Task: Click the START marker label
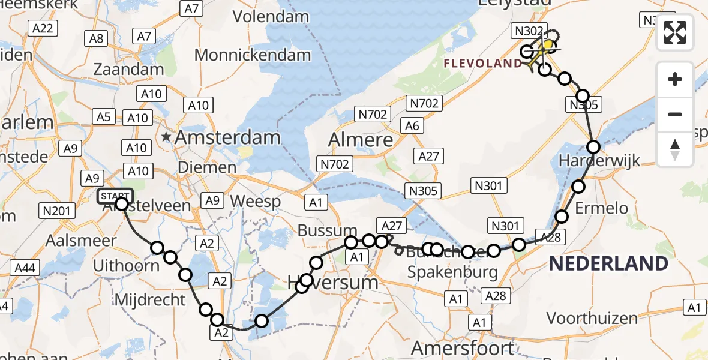[x=114, y=196]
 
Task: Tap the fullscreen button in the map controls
[x=675, y=32]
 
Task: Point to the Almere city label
[x=361, y=140]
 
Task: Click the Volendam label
[x=271, y=17]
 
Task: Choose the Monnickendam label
[x=253, y=55]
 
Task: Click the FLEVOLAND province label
[x=483, y=63]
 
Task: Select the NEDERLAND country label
[x=608, y=263]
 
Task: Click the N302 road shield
[x=527, y=31]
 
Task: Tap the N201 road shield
[x=56, y=211]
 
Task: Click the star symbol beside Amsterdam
[x=166, y=137]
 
